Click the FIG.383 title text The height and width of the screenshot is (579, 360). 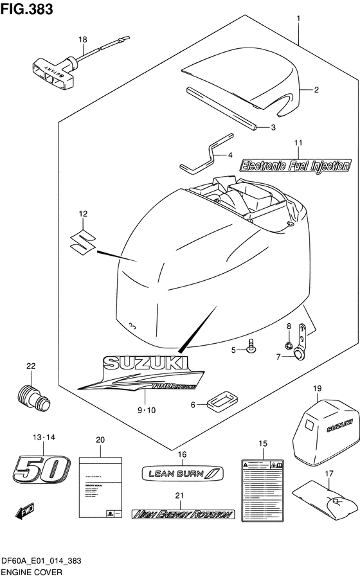click(27, 9)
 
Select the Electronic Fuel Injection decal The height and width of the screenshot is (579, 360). click(295, 165)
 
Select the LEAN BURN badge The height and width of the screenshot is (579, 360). click(182, 475)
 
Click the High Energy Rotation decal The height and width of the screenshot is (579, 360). click(183, 514)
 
